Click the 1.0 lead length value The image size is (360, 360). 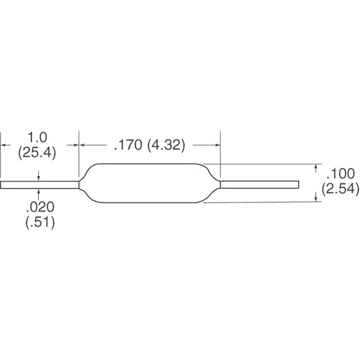pos(37,137)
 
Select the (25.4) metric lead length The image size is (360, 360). pos(37,152)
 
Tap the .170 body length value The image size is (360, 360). pos(128,145)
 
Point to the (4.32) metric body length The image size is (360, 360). pos(166,145)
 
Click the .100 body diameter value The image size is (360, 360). pos(340,174)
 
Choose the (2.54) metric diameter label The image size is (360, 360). pos(340,189)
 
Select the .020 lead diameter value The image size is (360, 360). pos(40,207)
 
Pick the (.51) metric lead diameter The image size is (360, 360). pos(40,222)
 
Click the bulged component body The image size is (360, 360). pos(150,183)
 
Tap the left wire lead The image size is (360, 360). pos(39,185)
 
